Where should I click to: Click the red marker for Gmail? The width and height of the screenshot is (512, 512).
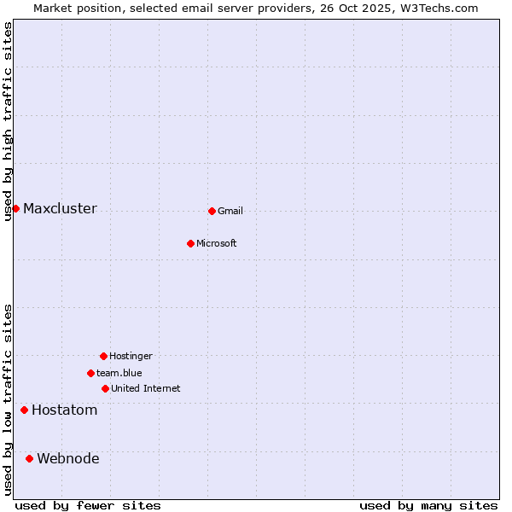click(x=212, y=211)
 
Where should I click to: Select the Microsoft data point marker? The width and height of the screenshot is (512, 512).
click(x=190, y=243)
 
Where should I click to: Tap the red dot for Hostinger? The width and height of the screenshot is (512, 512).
click(x=103, y=356)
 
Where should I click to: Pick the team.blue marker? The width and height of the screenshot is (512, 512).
click(x=90, y=373)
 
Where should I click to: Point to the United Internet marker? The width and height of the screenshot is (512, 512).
click(x=105, y=388)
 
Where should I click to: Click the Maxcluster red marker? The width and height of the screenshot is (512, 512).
click(x=15, y=208)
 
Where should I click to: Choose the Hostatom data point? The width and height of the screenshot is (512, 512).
click(x=24, y=410)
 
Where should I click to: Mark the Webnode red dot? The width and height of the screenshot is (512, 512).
click(x=29, y=458)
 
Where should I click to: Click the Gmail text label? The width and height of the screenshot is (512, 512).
click(x=230, y=212)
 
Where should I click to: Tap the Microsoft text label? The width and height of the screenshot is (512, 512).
click(x=217, y=244)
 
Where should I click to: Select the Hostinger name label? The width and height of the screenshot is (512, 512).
click(x=131, y=357)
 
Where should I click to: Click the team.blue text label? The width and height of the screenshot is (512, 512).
click(x=119, y=374)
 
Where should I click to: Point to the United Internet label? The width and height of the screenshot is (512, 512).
click(x=146, y=389)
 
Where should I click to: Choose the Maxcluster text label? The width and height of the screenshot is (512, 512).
click(x=60, y=209)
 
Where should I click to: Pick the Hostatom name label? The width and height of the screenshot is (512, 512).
click(x=65, y=410)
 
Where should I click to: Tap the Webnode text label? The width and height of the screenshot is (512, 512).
click(x=68, y=459)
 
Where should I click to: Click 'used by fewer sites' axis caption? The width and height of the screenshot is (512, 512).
click(x=88, y=505)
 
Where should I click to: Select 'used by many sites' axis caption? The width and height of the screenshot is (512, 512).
click(x=428, y=505)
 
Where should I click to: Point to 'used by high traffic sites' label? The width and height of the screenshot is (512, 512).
click(x=9, y=121)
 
